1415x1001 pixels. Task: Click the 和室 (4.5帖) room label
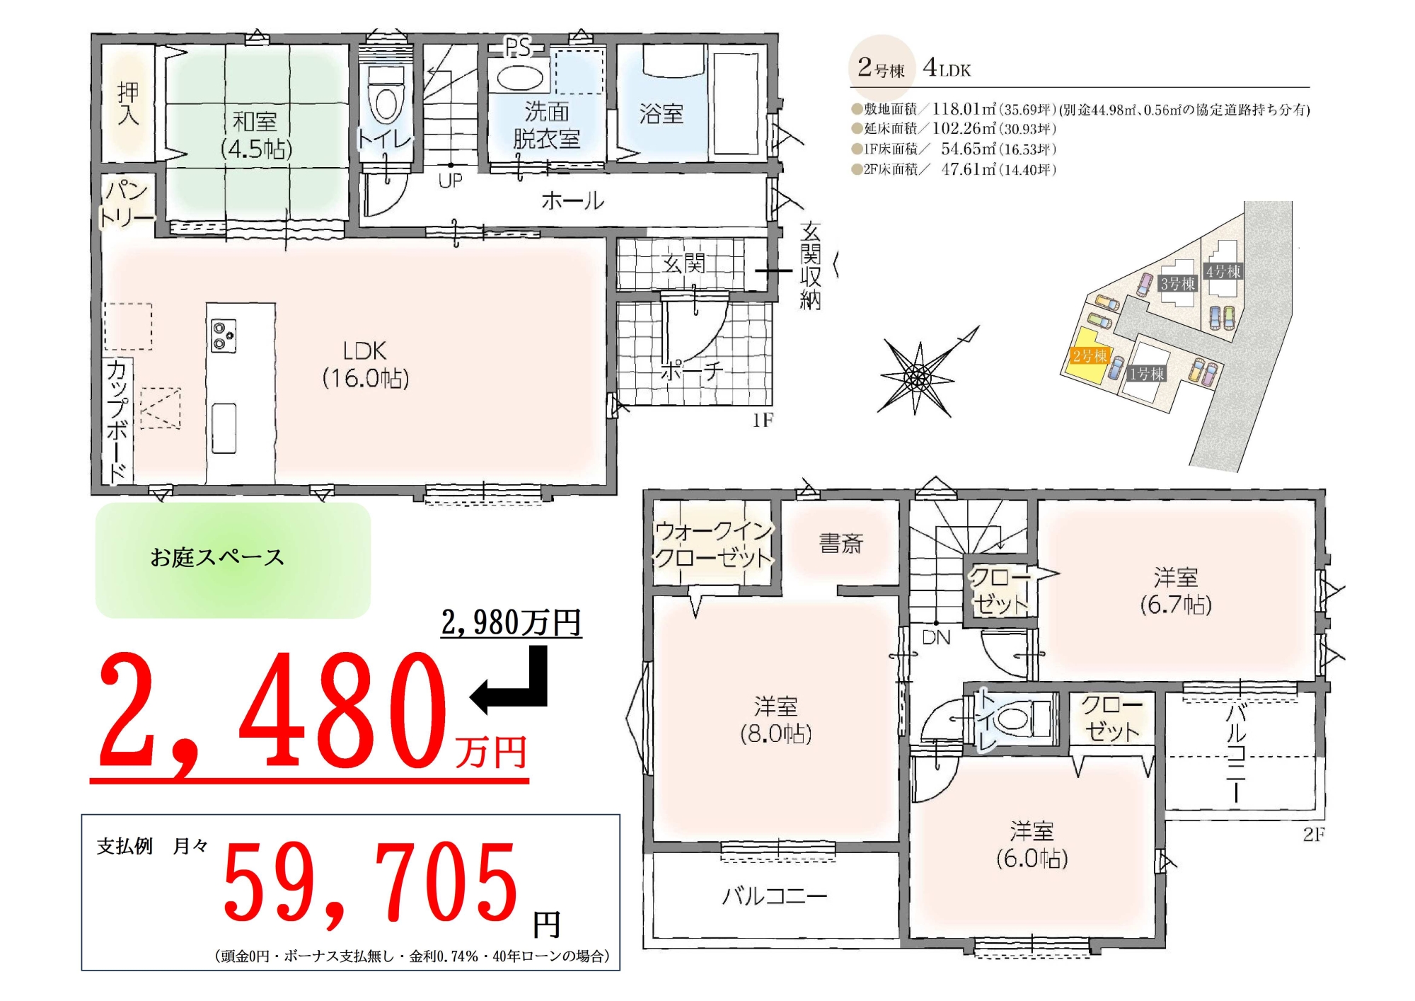[255, 135]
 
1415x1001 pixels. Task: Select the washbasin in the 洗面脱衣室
[520, 76]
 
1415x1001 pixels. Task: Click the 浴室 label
[661, 114]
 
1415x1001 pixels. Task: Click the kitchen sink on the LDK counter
[224, 428]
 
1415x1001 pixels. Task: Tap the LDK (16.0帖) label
[365, 365]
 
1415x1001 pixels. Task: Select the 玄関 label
[683, 263]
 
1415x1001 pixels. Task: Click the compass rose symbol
[919, 376]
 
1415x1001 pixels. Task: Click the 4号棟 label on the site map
[1223, 271]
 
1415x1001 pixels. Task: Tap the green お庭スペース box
[233, 560]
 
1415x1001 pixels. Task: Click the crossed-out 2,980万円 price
[511, 623]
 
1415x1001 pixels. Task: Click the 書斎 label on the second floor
[841, 543]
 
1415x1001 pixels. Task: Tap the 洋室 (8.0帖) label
[775, 719]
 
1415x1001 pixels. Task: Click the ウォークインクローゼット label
[713, 544]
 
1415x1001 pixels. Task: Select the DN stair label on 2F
[936, 637]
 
